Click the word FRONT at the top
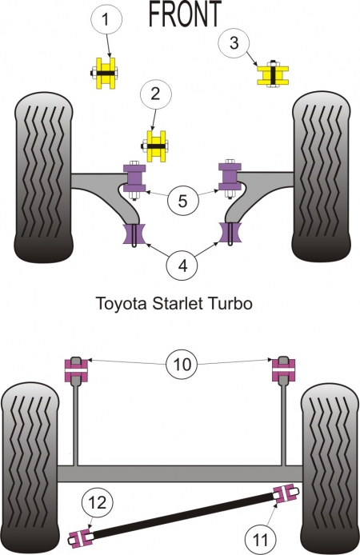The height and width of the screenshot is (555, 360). (x=185, y=14)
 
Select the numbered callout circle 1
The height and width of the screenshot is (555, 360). (x=106, y=19)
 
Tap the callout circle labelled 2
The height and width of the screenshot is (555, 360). (x=156, y=94)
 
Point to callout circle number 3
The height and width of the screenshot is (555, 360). (x=234, y=43)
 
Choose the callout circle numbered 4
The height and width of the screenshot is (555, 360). (x=182, y=266)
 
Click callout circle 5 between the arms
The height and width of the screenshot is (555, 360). (x=182, y=201)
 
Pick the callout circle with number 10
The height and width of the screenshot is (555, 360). (x=182, y=364)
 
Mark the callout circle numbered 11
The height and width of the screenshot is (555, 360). (x=260, y=540)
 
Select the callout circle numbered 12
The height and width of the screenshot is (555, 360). (x=98, y=502)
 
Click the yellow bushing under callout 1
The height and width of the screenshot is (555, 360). (x=105, y=74)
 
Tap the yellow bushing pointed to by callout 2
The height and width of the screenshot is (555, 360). (x=156, y=146)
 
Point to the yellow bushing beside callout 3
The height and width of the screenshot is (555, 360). (x=273, y=75)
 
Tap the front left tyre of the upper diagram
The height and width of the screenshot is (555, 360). (x=43, y=178)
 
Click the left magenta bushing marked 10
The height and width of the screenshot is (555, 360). (x=76, y=370)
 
